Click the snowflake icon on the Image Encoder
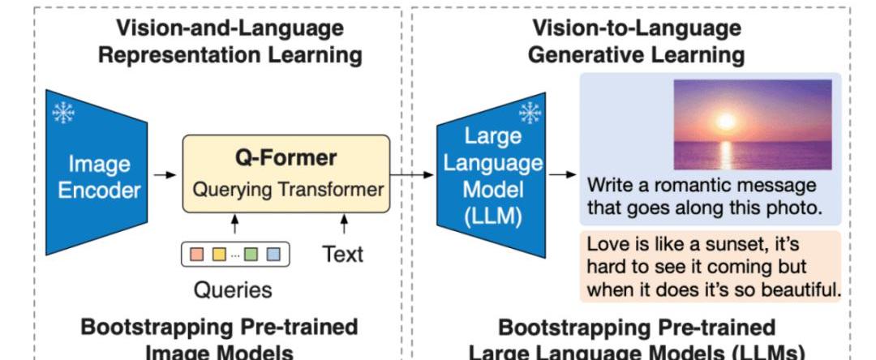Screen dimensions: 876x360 64,113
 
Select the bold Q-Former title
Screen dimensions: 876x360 286,158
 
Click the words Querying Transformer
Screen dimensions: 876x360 288,190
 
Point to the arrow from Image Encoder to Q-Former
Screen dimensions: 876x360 164,175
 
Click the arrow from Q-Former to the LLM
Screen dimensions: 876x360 412,175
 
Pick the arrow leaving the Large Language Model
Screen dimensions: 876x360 563,175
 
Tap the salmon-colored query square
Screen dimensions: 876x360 197,255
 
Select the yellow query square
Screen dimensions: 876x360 219,255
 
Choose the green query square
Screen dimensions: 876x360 251,255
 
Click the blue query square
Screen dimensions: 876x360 273,255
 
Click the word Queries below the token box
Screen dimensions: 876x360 233,290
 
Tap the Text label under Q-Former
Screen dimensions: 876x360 343,255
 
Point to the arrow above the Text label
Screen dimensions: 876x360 344,225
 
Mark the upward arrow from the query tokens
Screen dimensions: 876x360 234,225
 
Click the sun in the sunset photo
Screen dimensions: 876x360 726,121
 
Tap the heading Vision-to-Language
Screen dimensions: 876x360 637,28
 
